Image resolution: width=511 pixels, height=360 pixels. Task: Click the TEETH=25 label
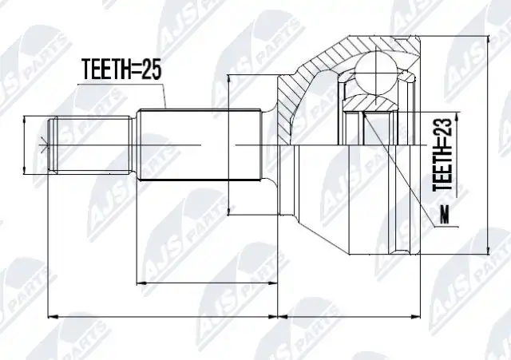(x=121, y=69)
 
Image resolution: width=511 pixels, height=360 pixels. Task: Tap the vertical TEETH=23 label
(x=442, y=154)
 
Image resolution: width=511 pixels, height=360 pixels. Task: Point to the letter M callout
(x=445, y=215)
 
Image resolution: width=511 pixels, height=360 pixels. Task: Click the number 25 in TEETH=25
(x=151, y=69)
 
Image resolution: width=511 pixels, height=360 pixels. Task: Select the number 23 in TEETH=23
(x=442, y=128)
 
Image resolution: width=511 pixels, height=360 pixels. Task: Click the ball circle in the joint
(x=376, y=74)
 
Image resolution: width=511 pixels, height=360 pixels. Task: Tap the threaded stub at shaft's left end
(x=89, y=144)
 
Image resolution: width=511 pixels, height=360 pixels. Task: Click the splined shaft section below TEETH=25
(x=200, y=144)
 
